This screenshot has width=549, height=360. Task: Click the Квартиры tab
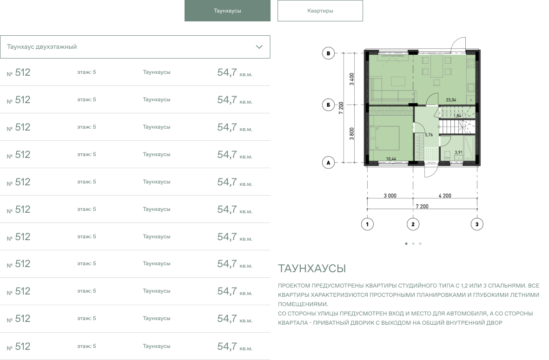(x=320, y=11)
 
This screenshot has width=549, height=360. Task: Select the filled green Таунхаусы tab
(x=228, y=11)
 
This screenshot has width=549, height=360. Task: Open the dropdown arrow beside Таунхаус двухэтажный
(x=259, y=47)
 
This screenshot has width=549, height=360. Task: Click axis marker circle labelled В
(x=328, y=53)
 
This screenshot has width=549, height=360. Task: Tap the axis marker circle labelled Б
(x=328, y=105)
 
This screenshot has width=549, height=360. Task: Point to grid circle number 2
(x=413, y=224)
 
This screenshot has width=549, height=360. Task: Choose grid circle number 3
(x=477, y=224)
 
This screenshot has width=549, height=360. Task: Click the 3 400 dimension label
(x=352, y=79)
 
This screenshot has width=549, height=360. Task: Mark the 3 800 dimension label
(x=352, y=134)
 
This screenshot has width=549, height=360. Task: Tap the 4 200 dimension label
(x=445, y=196)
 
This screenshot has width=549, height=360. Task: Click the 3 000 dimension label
(x=390, y=196)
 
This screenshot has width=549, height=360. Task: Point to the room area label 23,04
(x=451, y=100)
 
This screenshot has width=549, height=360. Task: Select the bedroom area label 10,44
(x=391, y=159)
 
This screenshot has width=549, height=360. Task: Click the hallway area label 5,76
(x=429, y=135)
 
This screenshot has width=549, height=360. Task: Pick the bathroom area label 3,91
(x=459, y=152)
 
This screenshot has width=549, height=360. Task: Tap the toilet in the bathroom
(x=447, y=155)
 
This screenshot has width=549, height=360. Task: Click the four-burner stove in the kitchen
(x=471, y=63)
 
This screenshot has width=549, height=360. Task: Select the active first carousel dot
(x=406, y=243)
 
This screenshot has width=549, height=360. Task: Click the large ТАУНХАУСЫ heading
(x=312, y=268)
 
